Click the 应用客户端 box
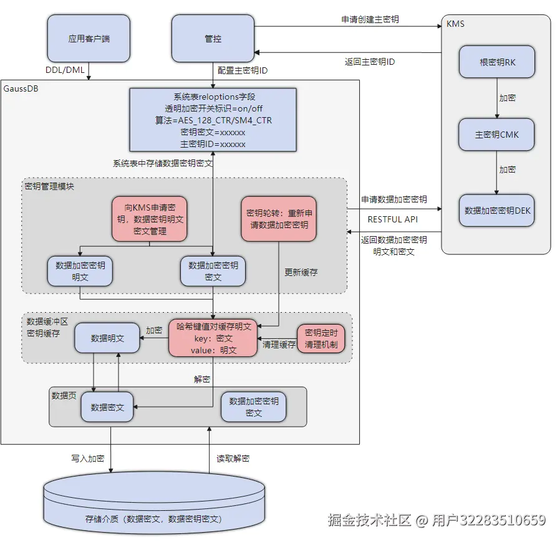coord(89,39)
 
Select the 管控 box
coord(213,39)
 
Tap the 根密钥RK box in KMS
coord(496,62)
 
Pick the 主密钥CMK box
coord(496,135)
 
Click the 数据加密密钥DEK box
coord(497,211)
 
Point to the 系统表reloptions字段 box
coord(213,120)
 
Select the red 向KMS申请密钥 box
coord(149,219)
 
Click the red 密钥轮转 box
coord(279,219)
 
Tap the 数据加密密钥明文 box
coord(80,271)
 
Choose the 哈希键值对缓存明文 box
coord(213,338)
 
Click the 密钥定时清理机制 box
coord(321,338)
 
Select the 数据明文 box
coord(107,338)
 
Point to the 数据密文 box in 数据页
coord(107,407)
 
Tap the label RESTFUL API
coord(392,219)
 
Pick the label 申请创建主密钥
coord(370,19)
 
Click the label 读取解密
coord(233,459)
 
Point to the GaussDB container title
coord(21,88)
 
